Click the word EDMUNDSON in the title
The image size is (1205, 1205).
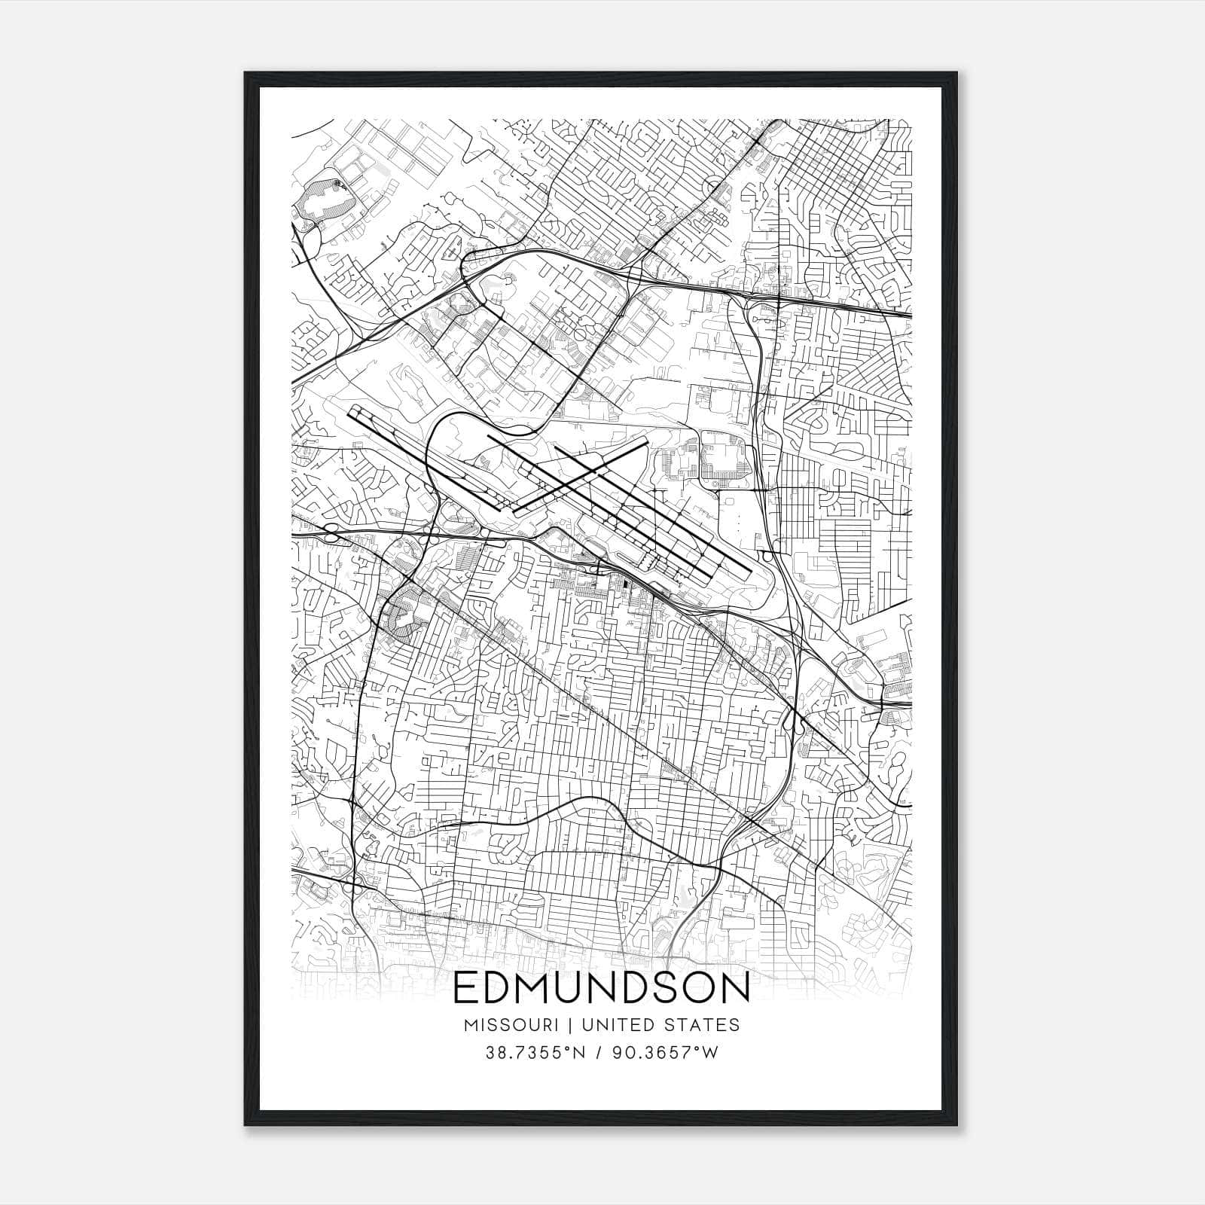click(602, 989)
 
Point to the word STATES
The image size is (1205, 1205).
click(703, 1025)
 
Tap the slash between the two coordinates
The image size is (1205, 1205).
click(599, 1053)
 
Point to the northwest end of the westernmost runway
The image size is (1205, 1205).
click(351, 409)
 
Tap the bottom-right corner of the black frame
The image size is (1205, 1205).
click(959, 1125)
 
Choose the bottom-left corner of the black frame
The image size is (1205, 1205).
click(246, 1125)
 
